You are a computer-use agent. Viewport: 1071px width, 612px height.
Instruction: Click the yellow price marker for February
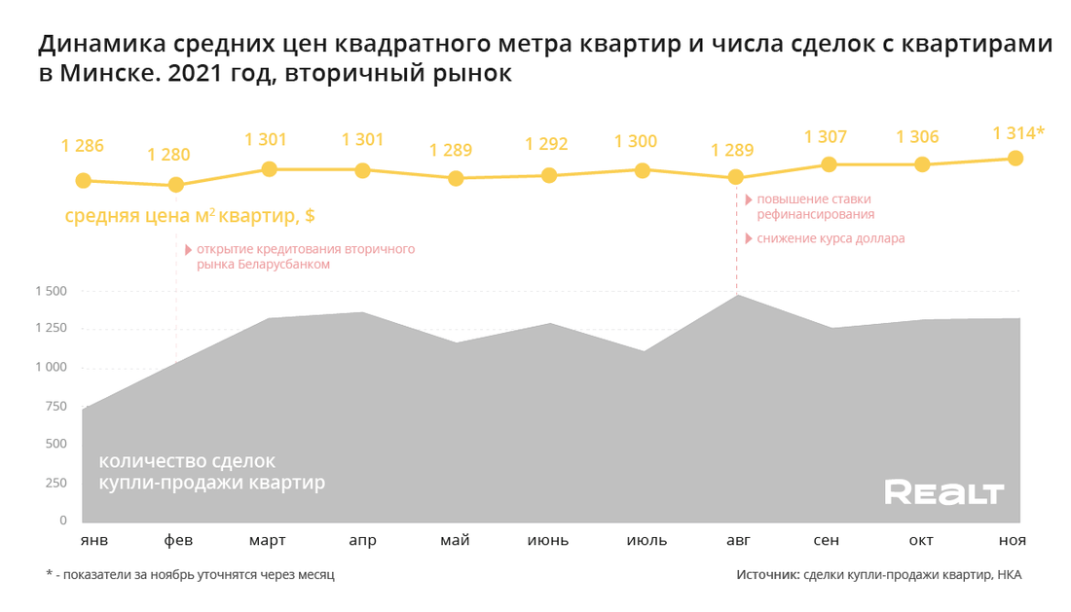click(176, 185)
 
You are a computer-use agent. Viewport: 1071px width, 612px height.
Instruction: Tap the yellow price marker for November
click(1016, 158)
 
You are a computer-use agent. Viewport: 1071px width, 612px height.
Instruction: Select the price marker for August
click(736, 177)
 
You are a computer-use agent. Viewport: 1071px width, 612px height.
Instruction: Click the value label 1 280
click(168, 155)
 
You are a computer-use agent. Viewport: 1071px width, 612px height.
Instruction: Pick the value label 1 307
click(826, 137)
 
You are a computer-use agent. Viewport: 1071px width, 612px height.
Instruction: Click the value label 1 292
click(546, 144)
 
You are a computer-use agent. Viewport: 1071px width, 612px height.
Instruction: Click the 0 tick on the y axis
click(62, 521)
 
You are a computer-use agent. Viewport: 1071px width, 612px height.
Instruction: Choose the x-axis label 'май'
click(455, 541)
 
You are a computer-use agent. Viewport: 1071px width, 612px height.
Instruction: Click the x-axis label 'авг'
click(735, 541)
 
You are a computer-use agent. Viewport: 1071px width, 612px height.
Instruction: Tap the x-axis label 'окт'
click(921, 541)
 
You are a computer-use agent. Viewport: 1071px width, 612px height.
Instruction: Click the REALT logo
click(943, 493)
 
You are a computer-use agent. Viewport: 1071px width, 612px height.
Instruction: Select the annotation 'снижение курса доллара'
click(831, 238)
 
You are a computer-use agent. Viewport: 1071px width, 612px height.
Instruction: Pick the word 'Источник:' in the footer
click(767, 575)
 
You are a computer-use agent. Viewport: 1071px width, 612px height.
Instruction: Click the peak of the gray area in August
click(737, 296)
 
